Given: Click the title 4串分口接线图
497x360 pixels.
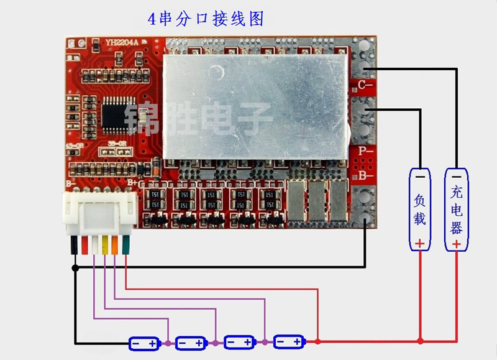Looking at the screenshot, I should pos(206,19).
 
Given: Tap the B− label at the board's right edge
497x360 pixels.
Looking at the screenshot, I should pos(364,176).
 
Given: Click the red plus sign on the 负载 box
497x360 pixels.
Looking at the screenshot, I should pos(420,243).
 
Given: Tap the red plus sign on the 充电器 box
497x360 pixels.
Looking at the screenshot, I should pos(457,243).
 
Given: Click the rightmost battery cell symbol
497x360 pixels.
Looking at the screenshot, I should pos(288,341).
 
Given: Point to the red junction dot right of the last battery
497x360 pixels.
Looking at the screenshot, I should pos(317,341).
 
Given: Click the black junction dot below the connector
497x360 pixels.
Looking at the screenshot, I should pos(75,267).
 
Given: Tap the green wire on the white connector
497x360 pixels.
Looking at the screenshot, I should pos(125,244).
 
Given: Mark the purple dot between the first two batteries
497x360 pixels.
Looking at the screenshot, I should pos(168,343).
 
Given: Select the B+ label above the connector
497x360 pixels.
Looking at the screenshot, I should pos(132,183).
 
